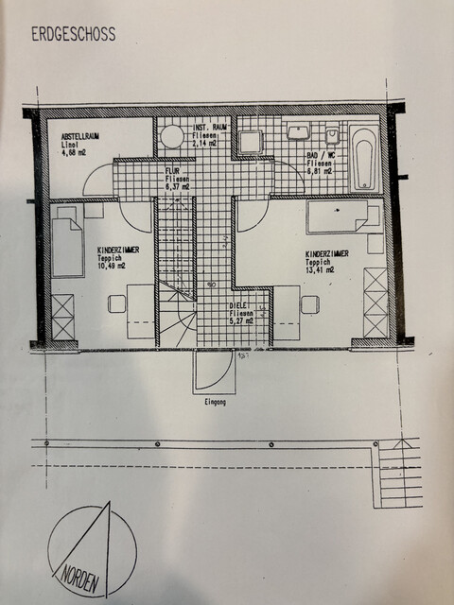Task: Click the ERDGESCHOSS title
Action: tap(73, 35)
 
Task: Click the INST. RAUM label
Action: tap(211, 128)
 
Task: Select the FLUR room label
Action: tap(174, 170)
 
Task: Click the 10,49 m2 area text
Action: tap(111, 266)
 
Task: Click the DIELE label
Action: tap(237, 306)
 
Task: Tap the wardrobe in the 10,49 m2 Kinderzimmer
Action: tap(63, 318)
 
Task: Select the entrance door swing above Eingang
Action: tap(211, 372)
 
